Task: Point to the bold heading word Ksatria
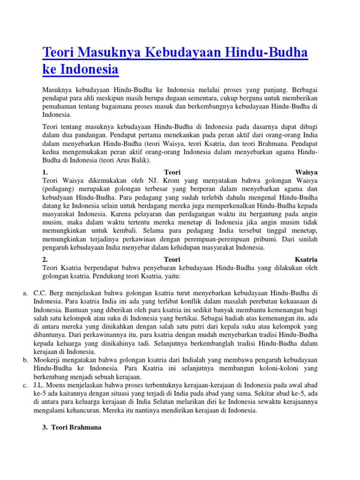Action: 306,259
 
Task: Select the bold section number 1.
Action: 45,172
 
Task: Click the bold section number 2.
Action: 45,259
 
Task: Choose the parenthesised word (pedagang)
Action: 59,189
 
